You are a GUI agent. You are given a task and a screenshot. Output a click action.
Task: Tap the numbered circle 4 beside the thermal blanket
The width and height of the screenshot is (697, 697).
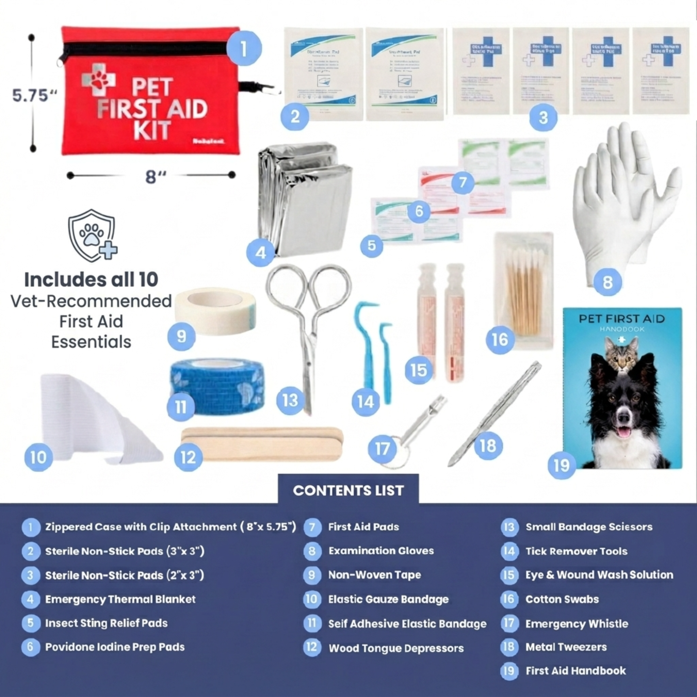(260, 253)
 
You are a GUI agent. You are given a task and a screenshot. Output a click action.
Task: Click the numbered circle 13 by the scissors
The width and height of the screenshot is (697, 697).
(290, 401)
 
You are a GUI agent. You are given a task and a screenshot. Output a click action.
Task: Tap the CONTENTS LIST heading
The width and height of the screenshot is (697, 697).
(348, 491)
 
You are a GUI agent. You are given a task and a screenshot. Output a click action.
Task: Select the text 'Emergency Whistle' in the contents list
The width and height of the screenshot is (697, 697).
(577, 624)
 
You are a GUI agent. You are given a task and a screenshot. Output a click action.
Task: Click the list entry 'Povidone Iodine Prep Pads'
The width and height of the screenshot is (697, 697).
(115, 647)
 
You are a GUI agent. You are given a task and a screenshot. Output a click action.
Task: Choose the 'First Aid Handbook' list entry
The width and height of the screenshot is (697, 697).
(576, 671)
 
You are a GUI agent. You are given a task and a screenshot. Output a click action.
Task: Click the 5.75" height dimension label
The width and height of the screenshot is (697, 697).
(34, 96)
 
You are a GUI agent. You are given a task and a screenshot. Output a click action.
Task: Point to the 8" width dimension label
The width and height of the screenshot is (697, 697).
(156, 177)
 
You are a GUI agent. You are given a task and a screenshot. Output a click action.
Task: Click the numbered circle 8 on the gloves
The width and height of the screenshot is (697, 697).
(607, 282)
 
